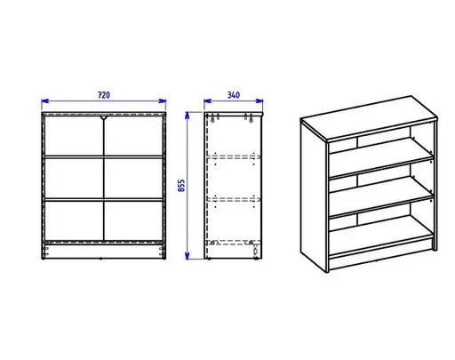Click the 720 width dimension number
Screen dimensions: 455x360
point(104,95)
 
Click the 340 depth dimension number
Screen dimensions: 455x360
point(234,95)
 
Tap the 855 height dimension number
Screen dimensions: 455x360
point(181,186)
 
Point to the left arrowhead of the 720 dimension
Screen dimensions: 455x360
point(45,101)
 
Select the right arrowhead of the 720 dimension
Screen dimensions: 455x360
point(163,101)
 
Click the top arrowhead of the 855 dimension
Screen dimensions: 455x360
point(187,116)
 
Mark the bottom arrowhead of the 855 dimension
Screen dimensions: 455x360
point(187,256)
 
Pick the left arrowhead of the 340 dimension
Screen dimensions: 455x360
point(207,101)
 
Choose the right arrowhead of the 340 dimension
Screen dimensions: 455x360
point(259,101)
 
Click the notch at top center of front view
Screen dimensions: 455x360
point(104,117)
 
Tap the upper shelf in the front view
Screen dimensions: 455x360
point(104,156)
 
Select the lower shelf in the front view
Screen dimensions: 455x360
point(104,200)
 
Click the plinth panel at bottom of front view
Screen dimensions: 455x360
point(104,252)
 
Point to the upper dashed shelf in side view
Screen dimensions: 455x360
point(234,156)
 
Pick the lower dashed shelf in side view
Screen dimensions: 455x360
point(234,200)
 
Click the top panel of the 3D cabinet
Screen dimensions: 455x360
point(369,118)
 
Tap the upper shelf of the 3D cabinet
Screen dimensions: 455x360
point(380,157)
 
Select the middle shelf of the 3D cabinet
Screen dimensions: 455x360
point(380,196)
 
